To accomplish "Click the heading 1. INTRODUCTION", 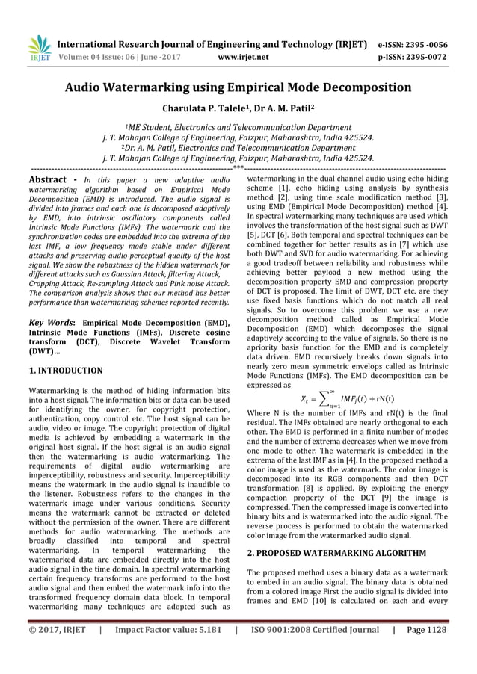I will pyautogui.click(x=66, y=370).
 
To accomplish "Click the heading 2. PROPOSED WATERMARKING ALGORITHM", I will pyautogui.click(x=336, y=553).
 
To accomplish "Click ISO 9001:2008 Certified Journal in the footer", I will pyautogui.click(x=314, y=651).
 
